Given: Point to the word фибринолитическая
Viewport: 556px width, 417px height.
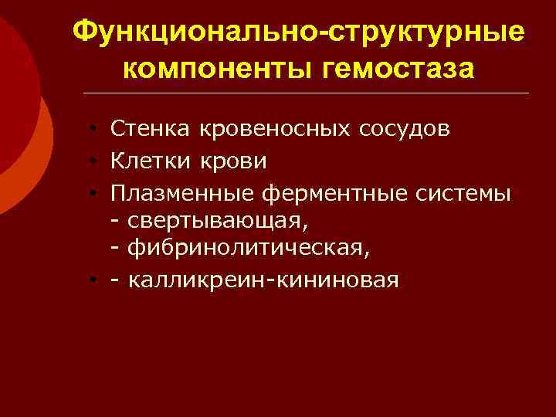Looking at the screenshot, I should [x=246, y=249].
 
